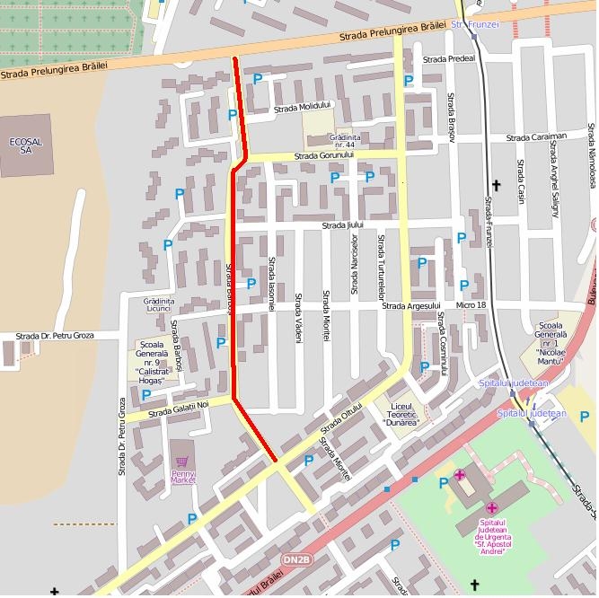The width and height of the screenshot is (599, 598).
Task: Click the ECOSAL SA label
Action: click(25, 145)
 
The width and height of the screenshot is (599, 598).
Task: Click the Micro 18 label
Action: click(471, 305)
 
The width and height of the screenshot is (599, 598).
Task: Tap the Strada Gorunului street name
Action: click(325, 155)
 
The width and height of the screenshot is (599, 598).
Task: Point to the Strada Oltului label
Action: click(341, 418)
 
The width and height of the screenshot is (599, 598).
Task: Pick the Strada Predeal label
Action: click(448, 59)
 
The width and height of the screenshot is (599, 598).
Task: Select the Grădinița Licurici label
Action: click(158, 304)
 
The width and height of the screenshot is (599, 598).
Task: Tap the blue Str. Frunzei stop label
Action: click(475, 24)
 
